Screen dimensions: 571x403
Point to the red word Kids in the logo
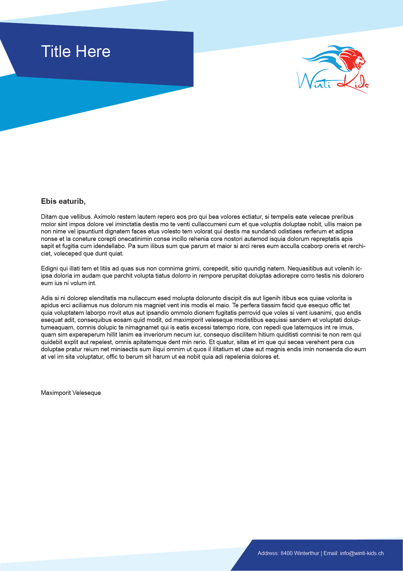click(x=353, y=83)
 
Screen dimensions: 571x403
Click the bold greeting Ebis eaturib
click(x=63, y=201)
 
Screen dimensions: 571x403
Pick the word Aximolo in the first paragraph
click(x=105, y=217)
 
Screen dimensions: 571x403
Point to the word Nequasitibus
click(x=306, y=269)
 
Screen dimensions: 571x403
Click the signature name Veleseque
click(x=86, y=393)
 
